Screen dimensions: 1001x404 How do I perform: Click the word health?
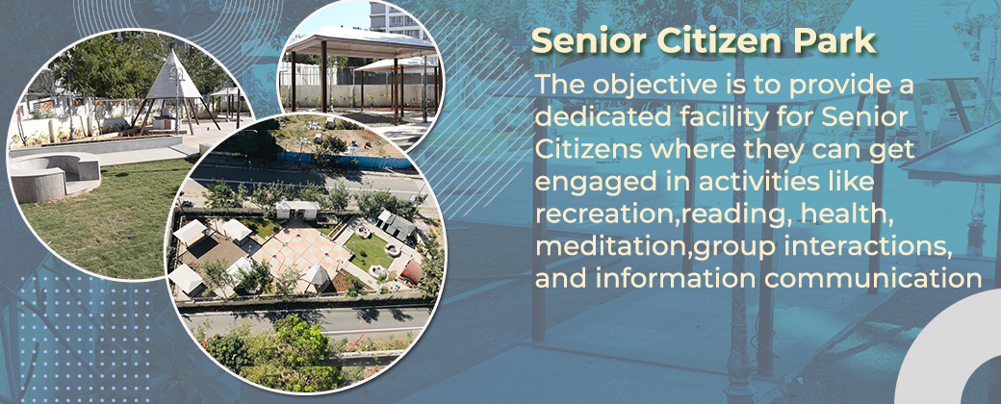click(x=834, y=215)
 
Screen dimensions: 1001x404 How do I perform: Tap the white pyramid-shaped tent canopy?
click(x=173, y=76)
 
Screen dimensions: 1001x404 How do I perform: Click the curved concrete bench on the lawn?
click(x=54, y=172)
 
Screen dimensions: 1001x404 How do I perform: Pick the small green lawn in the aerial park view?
click(x=369, y=252)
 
